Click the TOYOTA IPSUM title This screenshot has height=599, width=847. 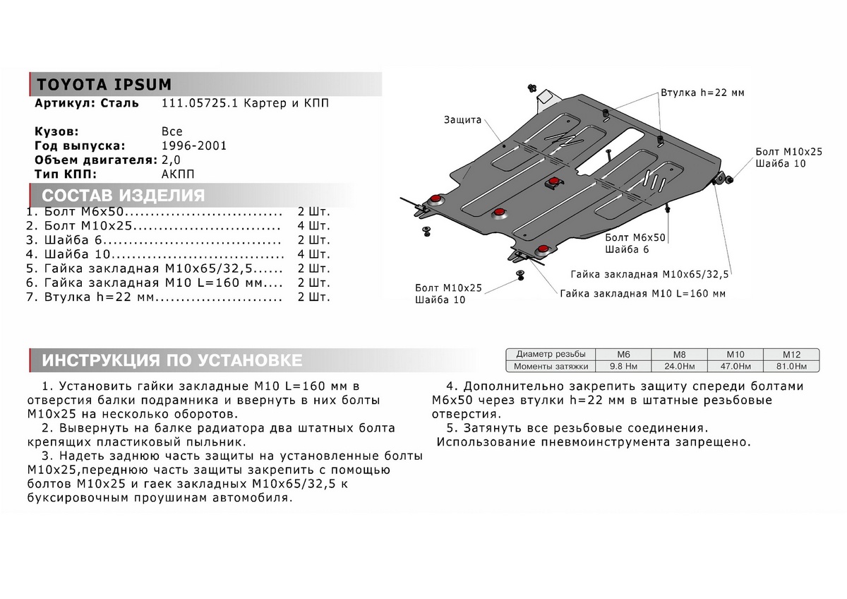pyautogui.click(x=104, y=84)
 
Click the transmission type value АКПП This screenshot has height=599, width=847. pyautogui.click(x=177, y=174)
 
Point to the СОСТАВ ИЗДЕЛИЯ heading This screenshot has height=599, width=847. pyautogui.click(x=124, y=196)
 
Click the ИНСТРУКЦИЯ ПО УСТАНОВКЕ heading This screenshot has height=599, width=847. pyautogui.click(x=172, y=360)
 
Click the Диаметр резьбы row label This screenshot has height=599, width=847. pyautogui.click(x=550, y=354)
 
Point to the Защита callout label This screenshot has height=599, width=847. pyautogui.click(x=462, y=120)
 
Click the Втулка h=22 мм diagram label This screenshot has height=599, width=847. pyautogui.click(x=702, y=93)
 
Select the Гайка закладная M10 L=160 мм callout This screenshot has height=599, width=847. pyautogui.click(x=642, y=293)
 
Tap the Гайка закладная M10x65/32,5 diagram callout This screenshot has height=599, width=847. pyautogui.click(x=649, y=274)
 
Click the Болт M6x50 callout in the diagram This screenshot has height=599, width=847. pyautogui.click(x=635, y=237)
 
